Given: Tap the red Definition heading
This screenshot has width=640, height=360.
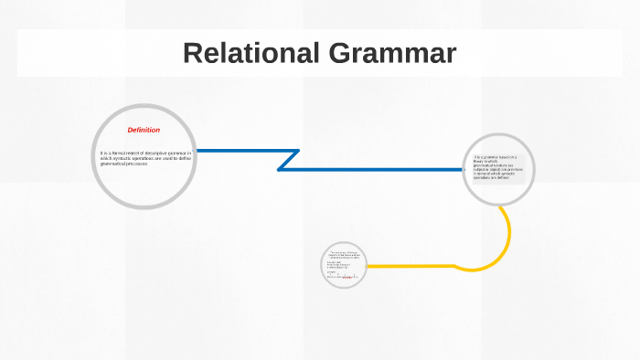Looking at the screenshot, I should coord(144,130).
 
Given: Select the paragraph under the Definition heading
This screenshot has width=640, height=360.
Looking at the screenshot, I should coord(145,157).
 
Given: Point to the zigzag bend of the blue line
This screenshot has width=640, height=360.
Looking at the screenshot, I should coord(289,160).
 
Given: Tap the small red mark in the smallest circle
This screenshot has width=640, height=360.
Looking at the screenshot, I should coord(347,276).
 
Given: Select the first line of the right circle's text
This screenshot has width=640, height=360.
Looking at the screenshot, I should coord(494,156).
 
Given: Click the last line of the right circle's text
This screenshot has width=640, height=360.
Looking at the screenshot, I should coord(492,178).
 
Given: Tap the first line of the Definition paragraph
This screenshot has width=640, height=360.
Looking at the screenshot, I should coord(145,152).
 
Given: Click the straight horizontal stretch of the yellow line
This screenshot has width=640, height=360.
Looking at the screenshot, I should coord(411,267).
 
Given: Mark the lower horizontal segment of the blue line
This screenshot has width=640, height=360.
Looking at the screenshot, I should coord(375,170).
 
